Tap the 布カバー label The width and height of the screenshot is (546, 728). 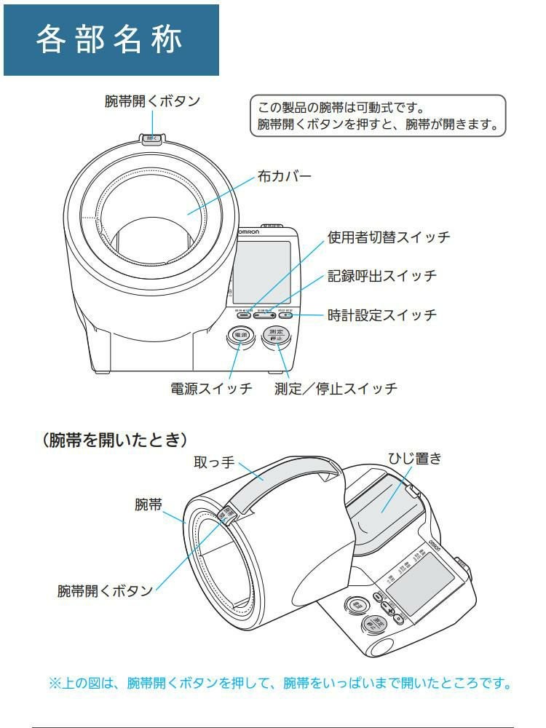tap(285, 176)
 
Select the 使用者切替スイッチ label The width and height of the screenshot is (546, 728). tap(389, 237)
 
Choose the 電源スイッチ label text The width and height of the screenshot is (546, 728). tap(211, 388)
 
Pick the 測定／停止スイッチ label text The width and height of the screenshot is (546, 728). tap(336, 388)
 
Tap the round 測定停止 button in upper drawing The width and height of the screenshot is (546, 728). tap(277, 336)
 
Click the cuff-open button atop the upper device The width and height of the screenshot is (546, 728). tap(151, 138)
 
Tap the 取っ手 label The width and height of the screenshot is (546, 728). tap(213, 463)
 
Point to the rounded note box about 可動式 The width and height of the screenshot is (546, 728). tap(376, 114)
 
